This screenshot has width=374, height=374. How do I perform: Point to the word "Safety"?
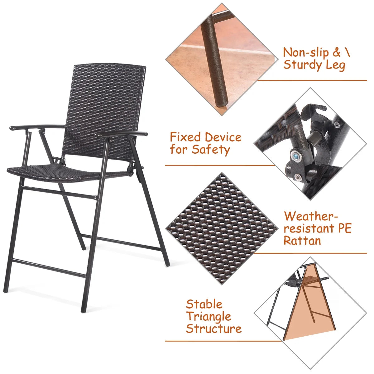click(x=211, y=150)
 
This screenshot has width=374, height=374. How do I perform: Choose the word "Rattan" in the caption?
click(x=302, y=241)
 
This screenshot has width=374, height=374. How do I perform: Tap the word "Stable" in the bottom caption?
click(x=204, y=304)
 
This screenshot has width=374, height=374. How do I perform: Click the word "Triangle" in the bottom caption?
click(x=209, y=317)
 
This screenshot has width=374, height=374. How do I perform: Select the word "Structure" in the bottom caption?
click(x=213, y=329)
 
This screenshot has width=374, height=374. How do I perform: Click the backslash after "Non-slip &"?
click(x=347, y=52)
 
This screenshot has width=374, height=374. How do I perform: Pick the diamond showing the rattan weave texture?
click(x=222, y=228)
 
